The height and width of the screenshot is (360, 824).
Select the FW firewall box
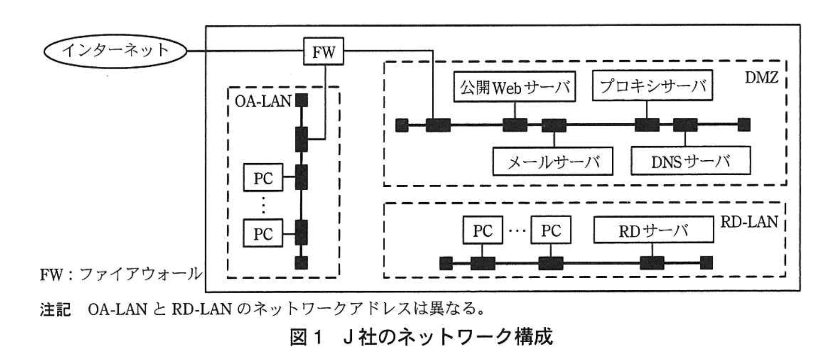(323, 51)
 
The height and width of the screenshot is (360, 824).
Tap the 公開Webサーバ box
(515, 87)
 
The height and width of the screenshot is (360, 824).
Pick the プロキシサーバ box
(652, 86)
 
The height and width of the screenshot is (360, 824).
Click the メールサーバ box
(553, 161)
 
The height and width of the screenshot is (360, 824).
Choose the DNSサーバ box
(690, 161)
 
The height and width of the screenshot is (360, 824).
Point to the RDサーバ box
(653, 231)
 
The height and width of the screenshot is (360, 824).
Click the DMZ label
(761, 77)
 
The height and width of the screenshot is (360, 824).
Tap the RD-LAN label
(749, 222)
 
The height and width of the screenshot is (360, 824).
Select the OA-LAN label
(263, 101)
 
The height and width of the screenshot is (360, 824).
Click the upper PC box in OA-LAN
(263, 178)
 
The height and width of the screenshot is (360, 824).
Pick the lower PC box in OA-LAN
(263, 234)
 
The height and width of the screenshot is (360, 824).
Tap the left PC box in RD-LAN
(482, 231)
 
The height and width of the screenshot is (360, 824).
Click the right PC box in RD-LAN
(551, 231)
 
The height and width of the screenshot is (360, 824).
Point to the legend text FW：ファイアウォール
(121, 274)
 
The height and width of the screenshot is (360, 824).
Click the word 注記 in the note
(55, 309)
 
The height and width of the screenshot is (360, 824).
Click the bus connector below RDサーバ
(652, 263)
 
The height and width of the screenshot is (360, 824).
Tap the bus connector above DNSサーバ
(685, 125)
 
